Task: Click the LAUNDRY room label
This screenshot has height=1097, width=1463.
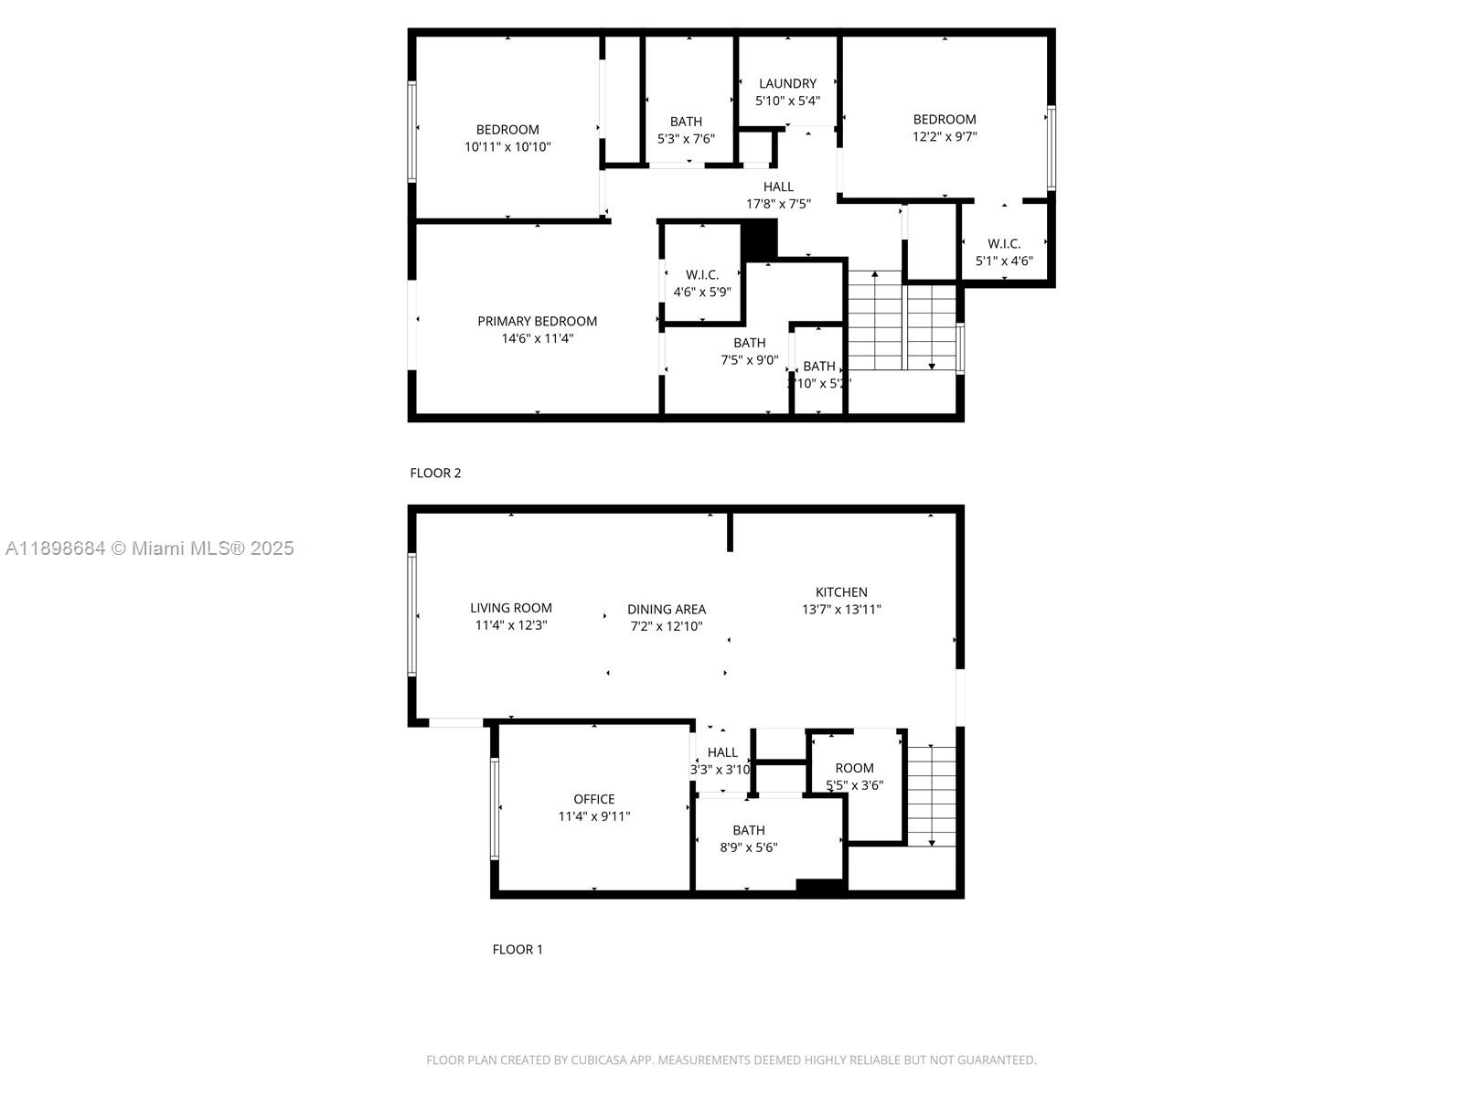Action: tap(787, 83)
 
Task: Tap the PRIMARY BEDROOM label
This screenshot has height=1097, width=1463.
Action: tap(537, 321)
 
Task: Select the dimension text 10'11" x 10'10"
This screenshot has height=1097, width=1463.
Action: tap(507, 146)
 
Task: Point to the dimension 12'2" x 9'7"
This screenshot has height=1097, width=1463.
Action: tap(945, 136)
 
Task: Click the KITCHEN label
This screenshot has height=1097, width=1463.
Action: tap(841, 591)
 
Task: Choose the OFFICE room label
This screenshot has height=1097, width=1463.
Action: tap(593, 799)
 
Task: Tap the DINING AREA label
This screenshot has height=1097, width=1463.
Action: tap(666, 609)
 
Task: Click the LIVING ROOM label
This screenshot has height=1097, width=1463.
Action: tap(510, 608)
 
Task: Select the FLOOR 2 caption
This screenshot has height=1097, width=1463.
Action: tap(435, 473)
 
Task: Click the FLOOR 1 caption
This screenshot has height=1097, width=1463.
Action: tap(518, 949)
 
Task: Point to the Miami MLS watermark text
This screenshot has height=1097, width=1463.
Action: tap(150, 548)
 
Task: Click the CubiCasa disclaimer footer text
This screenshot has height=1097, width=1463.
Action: tap(731, 1060)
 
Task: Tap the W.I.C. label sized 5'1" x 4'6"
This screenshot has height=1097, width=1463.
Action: tap(1004, 243)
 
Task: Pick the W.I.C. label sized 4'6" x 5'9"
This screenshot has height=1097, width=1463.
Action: tap(702, 274)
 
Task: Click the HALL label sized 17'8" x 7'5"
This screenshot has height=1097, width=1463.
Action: tap(778, 186)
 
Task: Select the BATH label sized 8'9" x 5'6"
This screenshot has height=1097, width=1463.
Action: tap(748, 830)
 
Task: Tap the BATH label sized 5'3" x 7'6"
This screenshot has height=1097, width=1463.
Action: tap(686, 122)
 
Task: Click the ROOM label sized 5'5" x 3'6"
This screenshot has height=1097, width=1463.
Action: tap(854, 768)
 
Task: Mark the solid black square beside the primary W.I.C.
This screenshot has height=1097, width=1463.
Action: tap(759, 239)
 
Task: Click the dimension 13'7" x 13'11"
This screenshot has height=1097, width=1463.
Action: tap(841, 609)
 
